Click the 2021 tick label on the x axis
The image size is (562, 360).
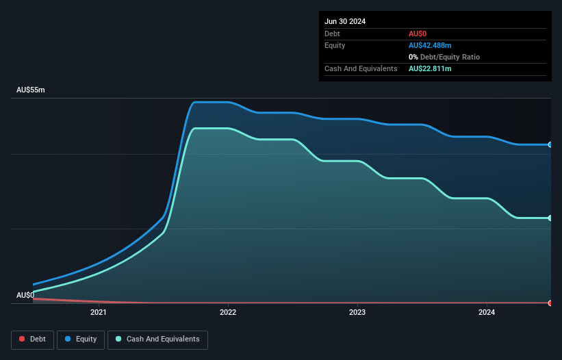click(99, 313)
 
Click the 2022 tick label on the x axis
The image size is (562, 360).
click(228, 313)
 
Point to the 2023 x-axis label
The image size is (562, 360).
click(357, 313)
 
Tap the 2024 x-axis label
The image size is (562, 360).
click(487, 313)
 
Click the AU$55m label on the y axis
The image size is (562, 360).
click(30, 90)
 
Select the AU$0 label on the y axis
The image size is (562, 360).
click(25, 295)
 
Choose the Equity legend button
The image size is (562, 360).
click(81, 339)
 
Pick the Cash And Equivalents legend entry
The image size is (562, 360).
click(157, 339)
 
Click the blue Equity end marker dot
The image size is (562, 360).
click(550, 144)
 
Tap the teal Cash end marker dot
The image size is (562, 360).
click(550, 218)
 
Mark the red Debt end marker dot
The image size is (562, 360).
click(550, 303)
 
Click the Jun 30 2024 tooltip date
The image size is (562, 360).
click(345, 21)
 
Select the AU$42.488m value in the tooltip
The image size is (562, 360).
click(430, 45)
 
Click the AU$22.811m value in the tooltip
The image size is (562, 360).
click(430, 68)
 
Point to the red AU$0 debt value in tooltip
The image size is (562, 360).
click(418, 34)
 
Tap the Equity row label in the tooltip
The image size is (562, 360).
click(335, 45)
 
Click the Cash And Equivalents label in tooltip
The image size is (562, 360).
click(361, 68)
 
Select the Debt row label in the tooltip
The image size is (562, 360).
click(332, 34)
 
